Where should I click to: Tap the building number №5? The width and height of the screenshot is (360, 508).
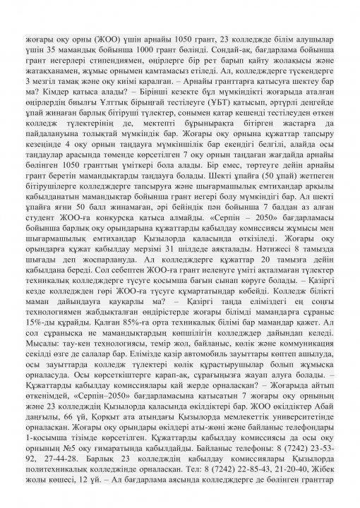(64, 490)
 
